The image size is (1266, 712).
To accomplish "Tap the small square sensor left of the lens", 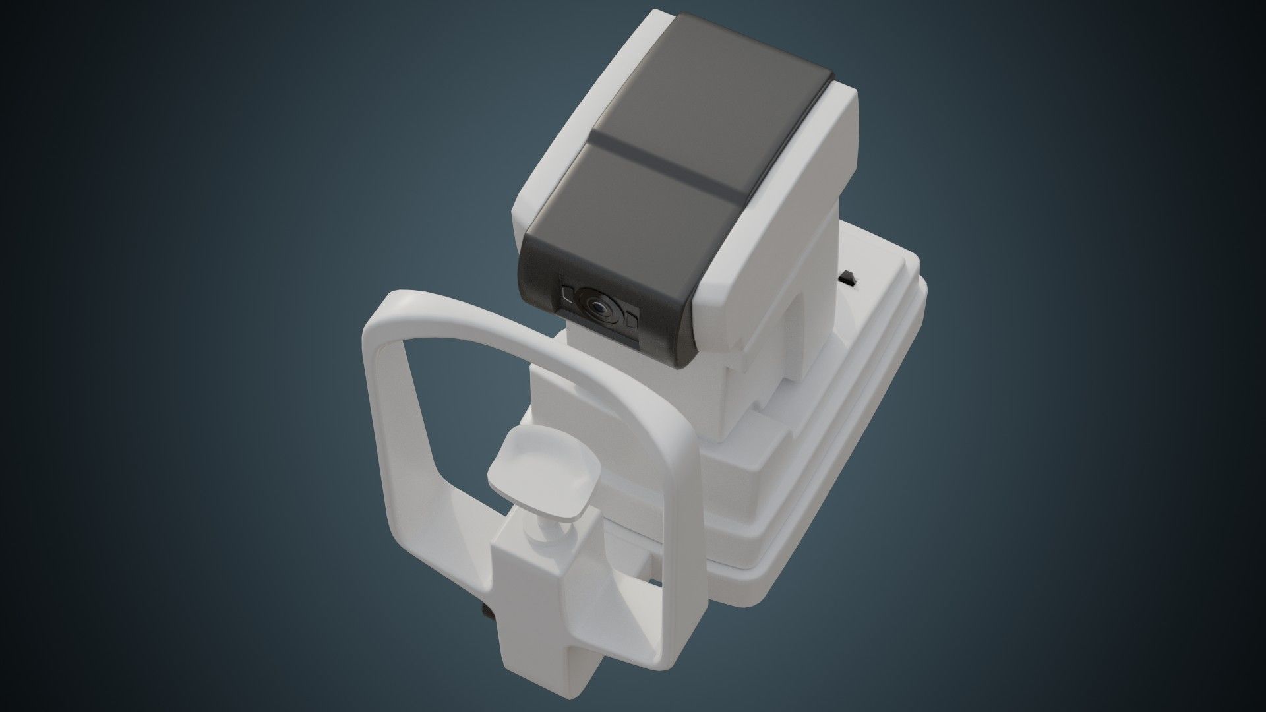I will (567, 295).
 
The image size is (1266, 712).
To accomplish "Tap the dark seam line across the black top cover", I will (666, 164).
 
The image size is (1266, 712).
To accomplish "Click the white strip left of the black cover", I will (560, 132).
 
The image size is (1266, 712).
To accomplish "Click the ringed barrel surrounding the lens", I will (589, 302).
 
